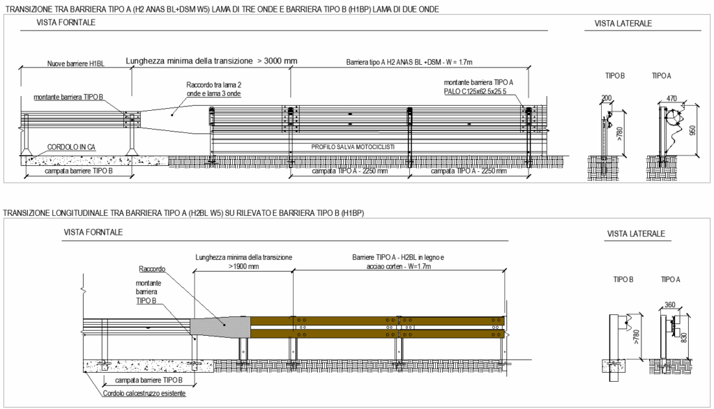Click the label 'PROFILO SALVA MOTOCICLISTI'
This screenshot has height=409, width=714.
point(353,147)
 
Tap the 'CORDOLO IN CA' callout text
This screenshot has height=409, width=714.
point(71,147)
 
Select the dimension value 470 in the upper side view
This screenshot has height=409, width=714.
point(671,98)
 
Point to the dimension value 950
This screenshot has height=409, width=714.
point(692,130)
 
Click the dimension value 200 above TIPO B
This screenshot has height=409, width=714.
point(607,98)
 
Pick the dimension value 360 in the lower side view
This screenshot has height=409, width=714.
point(670,304)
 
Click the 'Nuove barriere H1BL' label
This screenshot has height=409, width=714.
point(75,63)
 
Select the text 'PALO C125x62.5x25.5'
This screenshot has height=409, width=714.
point(475,91)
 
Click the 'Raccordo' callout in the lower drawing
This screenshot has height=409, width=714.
point(152,269)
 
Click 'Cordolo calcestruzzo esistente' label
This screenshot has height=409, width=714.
point(144,394)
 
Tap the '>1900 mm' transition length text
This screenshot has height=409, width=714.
point(243,266)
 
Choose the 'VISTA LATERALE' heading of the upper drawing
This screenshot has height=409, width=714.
point(623,23)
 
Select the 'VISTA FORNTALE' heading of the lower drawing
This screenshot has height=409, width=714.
point(93,232)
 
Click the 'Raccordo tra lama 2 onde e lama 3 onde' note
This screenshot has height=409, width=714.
point(213,89)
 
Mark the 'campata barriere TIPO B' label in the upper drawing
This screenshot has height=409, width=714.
point(79,171)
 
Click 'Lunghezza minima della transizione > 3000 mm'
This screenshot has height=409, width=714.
point(211,61)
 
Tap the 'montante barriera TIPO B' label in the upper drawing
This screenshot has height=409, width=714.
point(68,97)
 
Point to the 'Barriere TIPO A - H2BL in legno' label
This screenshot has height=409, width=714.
point(398,257)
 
